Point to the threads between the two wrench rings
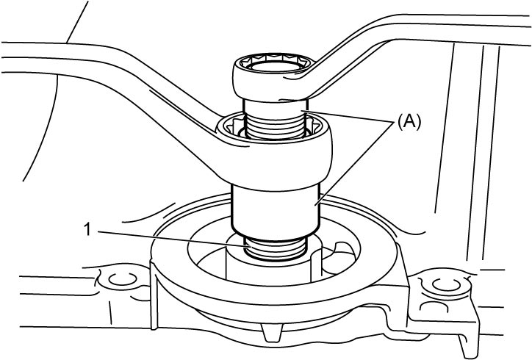click(274, 126)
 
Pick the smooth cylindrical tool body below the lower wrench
click(275, 209)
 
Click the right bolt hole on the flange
click(447, 284)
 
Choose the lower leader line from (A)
click(355, 164)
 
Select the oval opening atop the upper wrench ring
click(275, 66)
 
